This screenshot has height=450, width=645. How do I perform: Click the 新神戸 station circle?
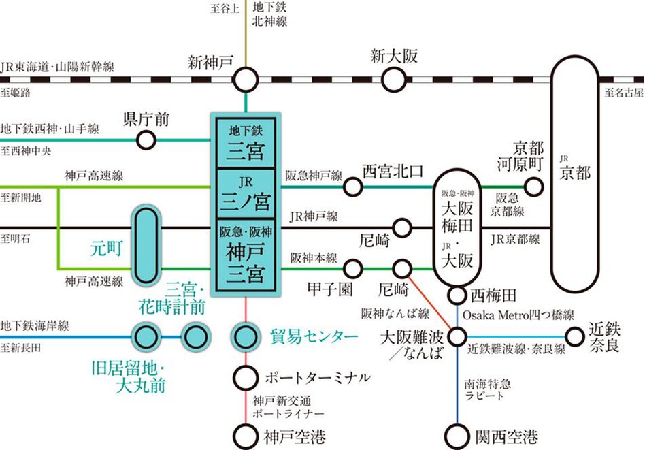(246, 80)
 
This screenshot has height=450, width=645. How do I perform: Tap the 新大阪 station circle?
(393, 80)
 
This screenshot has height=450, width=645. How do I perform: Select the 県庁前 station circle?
(146, 141)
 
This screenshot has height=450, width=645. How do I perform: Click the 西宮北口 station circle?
(352, 186)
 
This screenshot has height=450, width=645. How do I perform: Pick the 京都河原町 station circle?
(534, 186)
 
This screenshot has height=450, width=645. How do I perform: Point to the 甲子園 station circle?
(354, 268)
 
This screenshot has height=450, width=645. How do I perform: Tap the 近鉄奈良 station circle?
(577, 336)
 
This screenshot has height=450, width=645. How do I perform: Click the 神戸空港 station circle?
(244, 434)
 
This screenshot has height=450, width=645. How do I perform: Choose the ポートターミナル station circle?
(244, 376)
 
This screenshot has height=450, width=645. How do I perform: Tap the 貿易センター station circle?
(244, 336)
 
